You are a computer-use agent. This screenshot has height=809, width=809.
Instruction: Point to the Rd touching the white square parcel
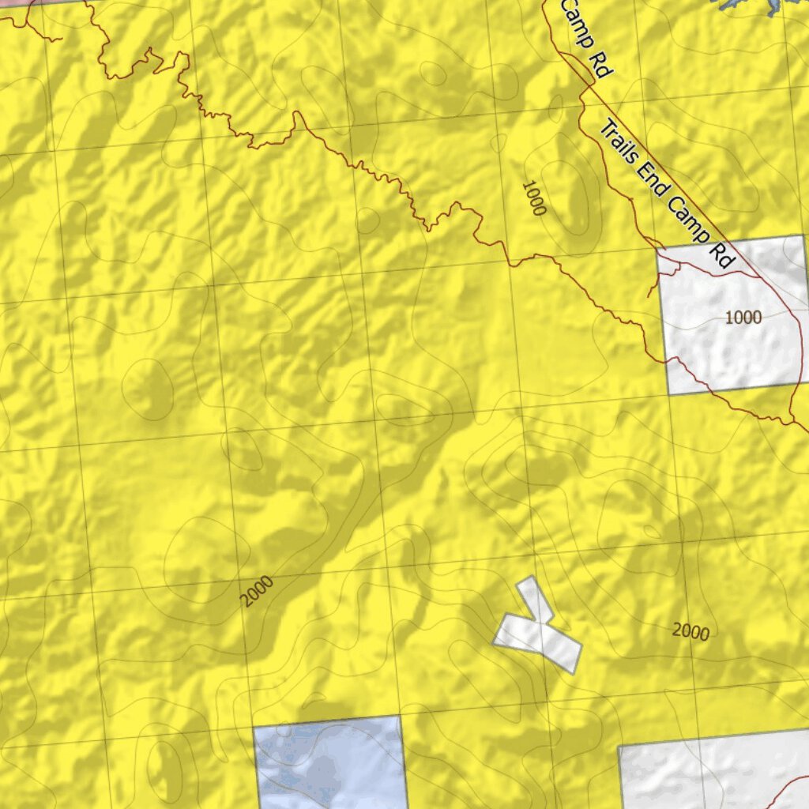pos(722,256)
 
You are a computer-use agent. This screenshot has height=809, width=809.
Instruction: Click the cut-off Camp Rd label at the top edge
pos(585,38)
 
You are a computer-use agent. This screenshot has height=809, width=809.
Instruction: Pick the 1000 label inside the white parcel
pos(743,318)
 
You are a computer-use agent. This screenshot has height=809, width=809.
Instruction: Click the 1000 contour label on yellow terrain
pos(534,198)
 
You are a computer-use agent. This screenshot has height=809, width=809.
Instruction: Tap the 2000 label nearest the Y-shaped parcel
pos(690,630)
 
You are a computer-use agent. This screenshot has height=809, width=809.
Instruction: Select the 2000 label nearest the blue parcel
pos(258,592)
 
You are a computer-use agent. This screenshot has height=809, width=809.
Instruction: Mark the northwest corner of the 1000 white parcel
pos(657,250)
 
